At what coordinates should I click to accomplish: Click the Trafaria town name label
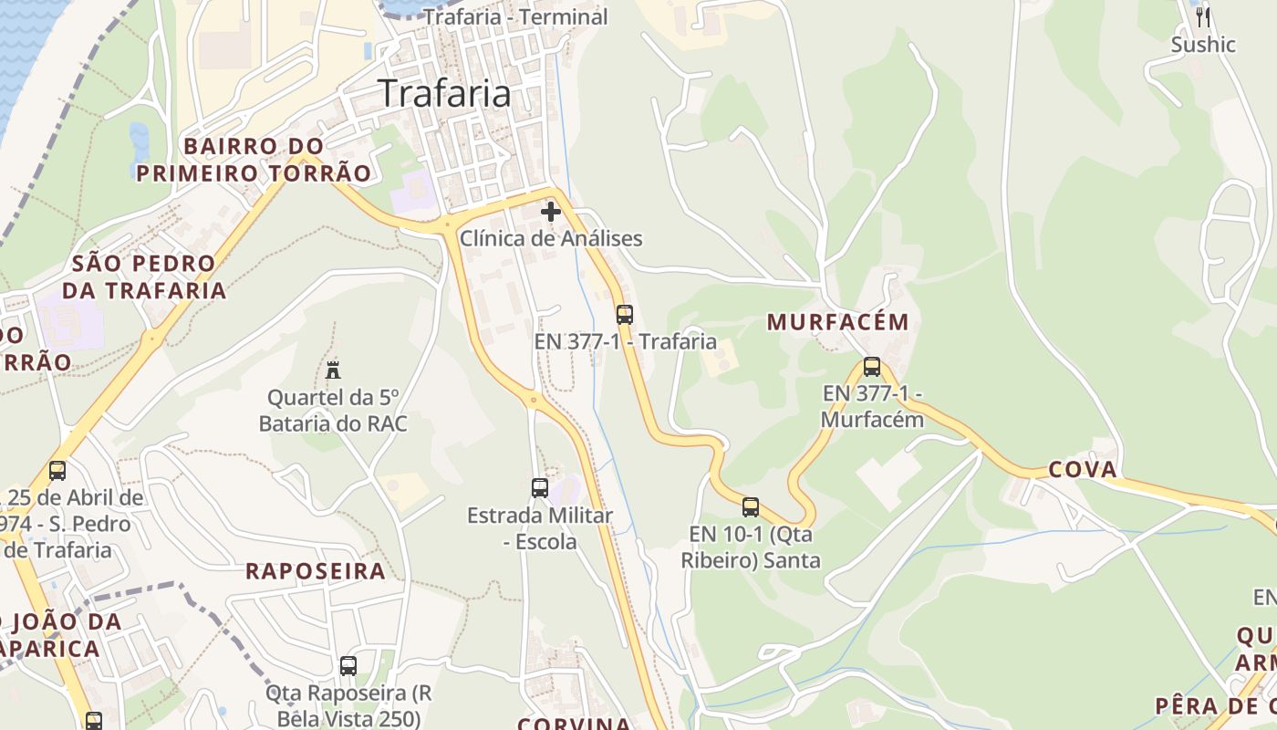pos(444,93)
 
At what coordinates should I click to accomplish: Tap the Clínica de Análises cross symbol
pos(551,213)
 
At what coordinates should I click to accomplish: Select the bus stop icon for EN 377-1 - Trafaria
pos(625,315)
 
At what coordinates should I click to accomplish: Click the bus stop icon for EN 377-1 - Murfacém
pos(872,367)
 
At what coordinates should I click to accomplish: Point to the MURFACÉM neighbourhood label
pos(838,322)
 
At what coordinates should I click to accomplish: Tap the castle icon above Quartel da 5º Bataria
pos(333,370)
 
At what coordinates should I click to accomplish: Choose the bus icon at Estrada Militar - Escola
pos(540,487)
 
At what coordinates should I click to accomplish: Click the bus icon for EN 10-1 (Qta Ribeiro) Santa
pos(751,506)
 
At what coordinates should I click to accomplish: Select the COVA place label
pos(1083,470)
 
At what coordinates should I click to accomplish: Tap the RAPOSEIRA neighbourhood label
pos(316,572)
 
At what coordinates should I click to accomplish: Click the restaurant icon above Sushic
pos(1203,16)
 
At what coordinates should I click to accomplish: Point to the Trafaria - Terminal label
pos(515,16)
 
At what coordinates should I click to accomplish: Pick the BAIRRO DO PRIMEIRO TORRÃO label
pos(254,160)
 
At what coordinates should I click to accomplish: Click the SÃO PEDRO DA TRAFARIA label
pos(144,277)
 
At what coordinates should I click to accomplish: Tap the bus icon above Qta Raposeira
pos(348,666)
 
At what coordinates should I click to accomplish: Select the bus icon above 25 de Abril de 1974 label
pos(57,471)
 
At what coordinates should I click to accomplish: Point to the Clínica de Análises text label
pos(551,239)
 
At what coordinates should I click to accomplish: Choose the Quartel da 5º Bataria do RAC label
pos(333,411)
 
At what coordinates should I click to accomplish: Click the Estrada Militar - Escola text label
pos(540,528)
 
